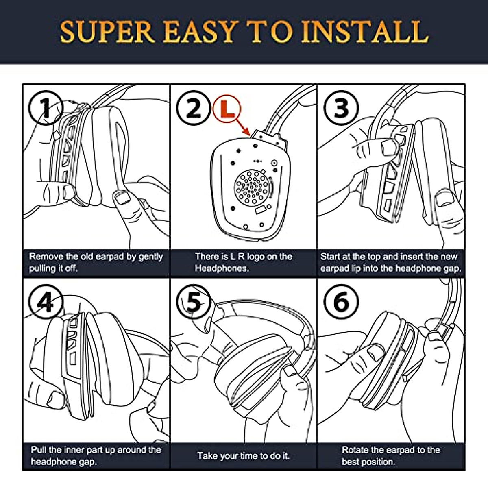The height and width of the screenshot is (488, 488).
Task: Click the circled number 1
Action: pos(46,108)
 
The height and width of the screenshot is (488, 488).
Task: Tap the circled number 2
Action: pos(193,108)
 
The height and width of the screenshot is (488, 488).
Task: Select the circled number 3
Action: pos(341,108)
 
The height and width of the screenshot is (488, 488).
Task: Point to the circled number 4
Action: pos(46,302)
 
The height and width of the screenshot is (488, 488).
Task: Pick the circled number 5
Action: pos(193,302)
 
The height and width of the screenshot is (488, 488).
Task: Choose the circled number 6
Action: pos(341,302)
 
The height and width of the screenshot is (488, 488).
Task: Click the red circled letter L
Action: pos(227,109)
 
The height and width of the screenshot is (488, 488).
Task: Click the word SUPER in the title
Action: pos(107,32)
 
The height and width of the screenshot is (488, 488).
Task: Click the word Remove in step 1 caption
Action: pos(46,257)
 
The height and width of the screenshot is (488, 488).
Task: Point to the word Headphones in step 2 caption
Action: pos(222,268)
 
